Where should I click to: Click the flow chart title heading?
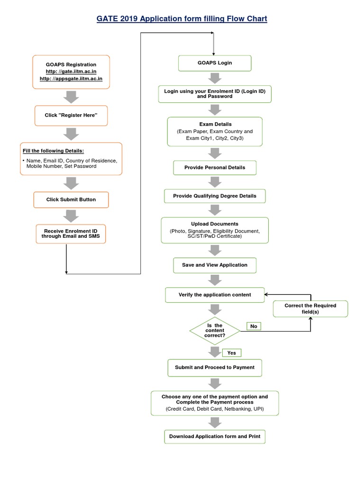pos(182,19)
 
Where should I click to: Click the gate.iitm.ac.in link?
pos(71,72)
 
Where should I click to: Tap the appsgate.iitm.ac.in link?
pos(71,79)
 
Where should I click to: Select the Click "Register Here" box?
pos(71,116)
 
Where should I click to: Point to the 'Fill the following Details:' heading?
pos(53,151)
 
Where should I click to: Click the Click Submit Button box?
pos(71,199)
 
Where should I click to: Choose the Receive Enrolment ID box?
pos(71,234)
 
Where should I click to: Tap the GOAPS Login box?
pos(215,63)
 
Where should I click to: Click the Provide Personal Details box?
pos(215,168)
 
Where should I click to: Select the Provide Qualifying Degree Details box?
pos(215,196)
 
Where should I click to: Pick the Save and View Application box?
pos(215,265)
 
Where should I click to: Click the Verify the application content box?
pos(215,295)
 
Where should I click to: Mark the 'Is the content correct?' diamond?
pos(214,331)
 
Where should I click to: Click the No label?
pos(254,326)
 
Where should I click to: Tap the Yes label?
pos(232,353)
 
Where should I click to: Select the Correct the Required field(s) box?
pos(310,309)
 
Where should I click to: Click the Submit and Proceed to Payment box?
pos(215,368)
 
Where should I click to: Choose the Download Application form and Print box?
pos(215,436)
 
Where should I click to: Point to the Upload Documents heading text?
pos(215,224)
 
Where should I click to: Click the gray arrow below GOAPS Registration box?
pos(71,97)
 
